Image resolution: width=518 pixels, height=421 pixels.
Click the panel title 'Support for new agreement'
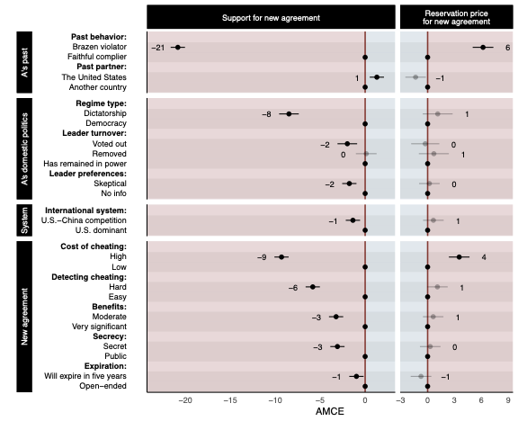point(271,18)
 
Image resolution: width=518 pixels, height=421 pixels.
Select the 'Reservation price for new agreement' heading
point(456,18)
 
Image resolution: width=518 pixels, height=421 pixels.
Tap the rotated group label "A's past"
point(26,62)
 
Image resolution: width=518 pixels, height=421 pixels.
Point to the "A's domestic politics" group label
point(26,148)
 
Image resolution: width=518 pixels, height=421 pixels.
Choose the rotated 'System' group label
point(26,221)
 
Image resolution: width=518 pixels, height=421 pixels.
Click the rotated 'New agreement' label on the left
point(26,316)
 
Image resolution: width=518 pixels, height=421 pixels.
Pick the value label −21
point(158,47)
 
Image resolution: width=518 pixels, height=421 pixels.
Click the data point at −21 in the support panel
point(178,47)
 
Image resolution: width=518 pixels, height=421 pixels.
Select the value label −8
point(266,114)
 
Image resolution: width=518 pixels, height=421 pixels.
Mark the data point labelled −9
point(281,257)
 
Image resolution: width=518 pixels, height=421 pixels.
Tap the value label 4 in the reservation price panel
point(484,257)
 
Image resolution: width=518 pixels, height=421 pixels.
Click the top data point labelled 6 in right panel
point(483,47)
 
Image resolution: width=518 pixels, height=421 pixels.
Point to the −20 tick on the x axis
point(186,402)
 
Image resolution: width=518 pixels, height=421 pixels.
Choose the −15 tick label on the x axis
point(230,402)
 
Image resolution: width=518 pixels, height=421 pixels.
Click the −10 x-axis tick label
point(275,402)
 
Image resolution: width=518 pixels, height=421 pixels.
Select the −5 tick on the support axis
point(320,402)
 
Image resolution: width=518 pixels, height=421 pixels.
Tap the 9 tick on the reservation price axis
point(509,402)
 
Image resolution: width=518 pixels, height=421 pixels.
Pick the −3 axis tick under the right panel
point(400,402)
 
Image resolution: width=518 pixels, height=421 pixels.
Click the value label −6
point(293,288)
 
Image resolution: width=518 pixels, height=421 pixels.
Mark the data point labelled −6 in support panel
point(312,287)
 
